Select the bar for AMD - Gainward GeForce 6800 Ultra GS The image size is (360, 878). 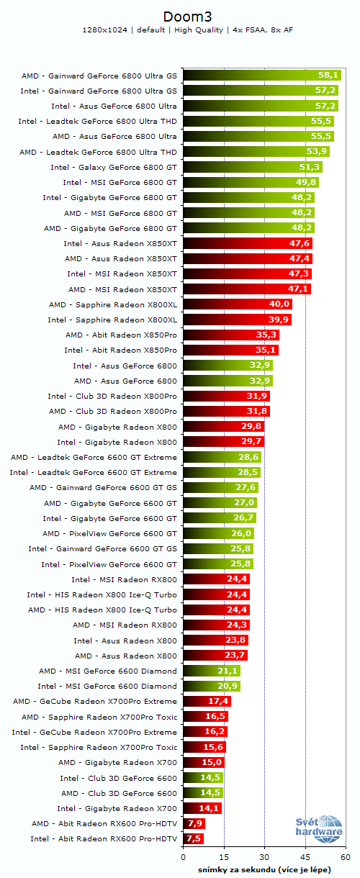[x=262, y=75]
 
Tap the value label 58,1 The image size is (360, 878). [x=328, y=75]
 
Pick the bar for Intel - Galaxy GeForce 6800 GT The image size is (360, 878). [x=252, y=167]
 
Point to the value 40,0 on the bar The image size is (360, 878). [x=279, y=304]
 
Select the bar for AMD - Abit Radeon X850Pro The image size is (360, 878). [x=231, y=335]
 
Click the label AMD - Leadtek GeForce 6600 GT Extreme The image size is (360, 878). [x=94, y=457]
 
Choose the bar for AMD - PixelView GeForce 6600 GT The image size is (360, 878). [x=218, y=533]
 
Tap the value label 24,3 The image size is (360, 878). [x=238, y=625]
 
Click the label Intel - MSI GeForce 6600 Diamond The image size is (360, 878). [x=107, y=686]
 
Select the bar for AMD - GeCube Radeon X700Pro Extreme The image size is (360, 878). [x=207, y=701]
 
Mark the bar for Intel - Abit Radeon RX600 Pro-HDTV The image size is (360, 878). [x=193, y=838]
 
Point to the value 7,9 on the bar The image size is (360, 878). [x=194, y=823]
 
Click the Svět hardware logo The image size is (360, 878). [x=318, y=830]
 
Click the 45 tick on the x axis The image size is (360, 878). [x=305, y=857]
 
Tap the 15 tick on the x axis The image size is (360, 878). [x=224, y=857]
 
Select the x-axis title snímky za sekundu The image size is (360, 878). [x=264, y=869]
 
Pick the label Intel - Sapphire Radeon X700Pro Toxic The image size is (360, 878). [x=99, y=747]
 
